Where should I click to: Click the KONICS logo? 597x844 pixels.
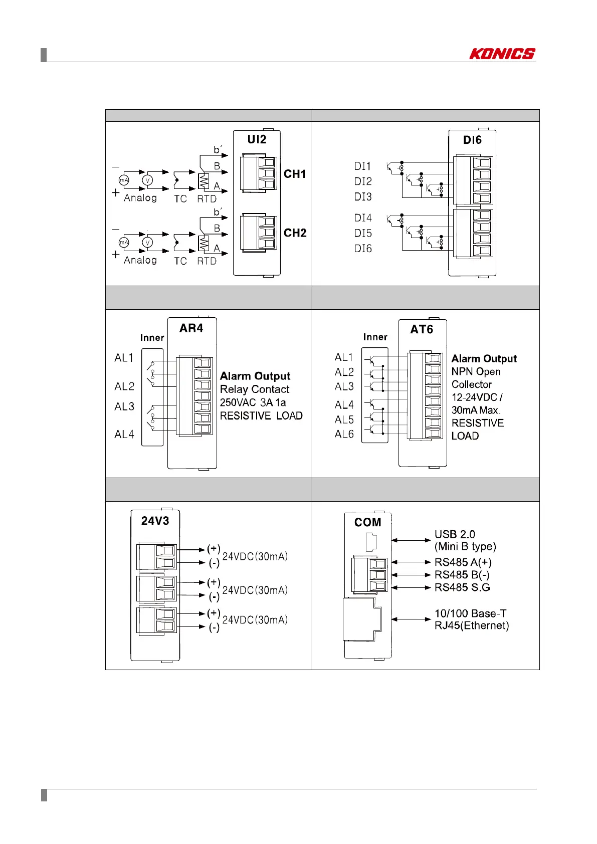pos(502,54)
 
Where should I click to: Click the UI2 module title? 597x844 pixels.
pos(257,139)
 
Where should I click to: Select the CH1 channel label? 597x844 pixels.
pos(295,174)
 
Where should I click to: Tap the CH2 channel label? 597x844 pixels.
pos(295,233)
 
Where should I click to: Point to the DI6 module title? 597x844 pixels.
pos(472,140)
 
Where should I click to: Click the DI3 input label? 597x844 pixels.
pos(363,197)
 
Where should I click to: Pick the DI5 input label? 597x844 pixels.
pos(363,233)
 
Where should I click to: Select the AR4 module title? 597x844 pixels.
pos(191,328)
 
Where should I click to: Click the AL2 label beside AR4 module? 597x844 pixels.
pos(124,386)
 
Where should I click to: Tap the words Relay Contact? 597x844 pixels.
pos(255,389)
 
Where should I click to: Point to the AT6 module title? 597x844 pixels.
pos(422,329)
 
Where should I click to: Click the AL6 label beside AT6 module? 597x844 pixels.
pos(344,434)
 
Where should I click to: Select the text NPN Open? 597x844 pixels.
pos(476,372)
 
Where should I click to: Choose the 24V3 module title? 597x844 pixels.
pos(155,521)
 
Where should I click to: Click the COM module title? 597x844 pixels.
pos(367,522)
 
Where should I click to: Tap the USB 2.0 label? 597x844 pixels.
pos(455,534)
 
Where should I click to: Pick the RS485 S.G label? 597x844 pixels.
pos(462,587)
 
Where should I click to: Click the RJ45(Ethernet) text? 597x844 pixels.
pos(472,625)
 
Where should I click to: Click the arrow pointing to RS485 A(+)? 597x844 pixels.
pos(411,562)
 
